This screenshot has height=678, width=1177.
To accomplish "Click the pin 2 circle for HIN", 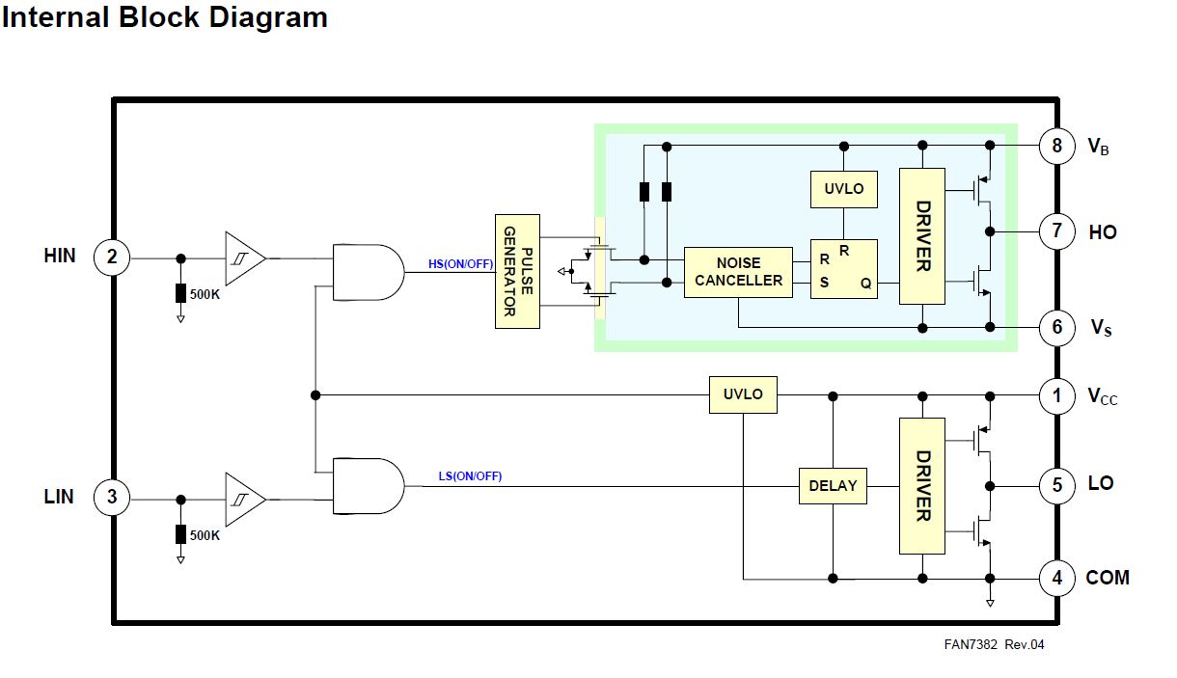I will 112,258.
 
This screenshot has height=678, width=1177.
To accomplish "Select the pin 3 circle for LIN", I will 112,499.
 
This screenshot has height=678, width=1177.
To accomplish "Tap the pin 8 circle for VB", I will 1056,147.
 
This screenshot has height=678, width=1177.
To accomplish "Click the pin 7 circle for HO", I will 1056,231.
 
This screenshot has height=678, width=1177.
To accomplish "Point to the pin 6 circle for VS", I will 1056,328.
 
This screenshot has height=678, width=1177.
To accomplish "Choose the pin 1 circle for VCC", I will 1056,395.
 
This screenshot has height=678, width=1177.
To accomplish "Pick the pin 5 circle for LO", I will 1056,484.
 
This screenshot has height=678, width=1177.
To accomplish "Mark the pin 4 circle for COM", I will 1056,579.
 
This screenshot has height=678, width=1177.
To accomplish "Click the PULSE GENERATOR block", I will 517,271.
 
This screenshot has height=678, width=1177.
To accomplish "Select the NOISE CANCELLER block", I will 738,272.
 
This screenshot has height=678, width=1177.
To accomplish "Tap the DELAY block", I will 833,486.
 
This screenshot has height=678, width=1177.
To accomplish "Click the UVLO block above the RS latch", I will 844,189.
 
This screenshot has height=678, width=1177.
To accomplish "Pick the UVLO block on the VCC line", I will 743,394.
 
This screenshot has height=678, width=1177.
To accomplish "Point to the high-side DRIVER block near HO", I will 922,236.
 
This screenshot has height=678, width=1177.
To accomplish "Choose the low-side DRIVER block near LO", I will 922,486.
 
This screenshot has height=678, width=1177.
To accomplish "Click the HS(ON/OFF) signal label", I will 460,264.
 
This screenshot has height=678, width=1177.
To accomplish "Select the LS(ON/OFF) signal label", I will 469,476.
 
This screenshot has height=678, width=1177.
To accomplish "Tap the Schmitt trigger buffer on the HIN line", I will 244,258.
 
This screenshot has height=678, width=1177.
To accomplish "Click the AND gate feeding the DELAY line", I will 368,485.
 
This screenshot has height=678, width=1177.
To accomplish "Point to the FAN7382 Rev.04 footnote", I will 994,644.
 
